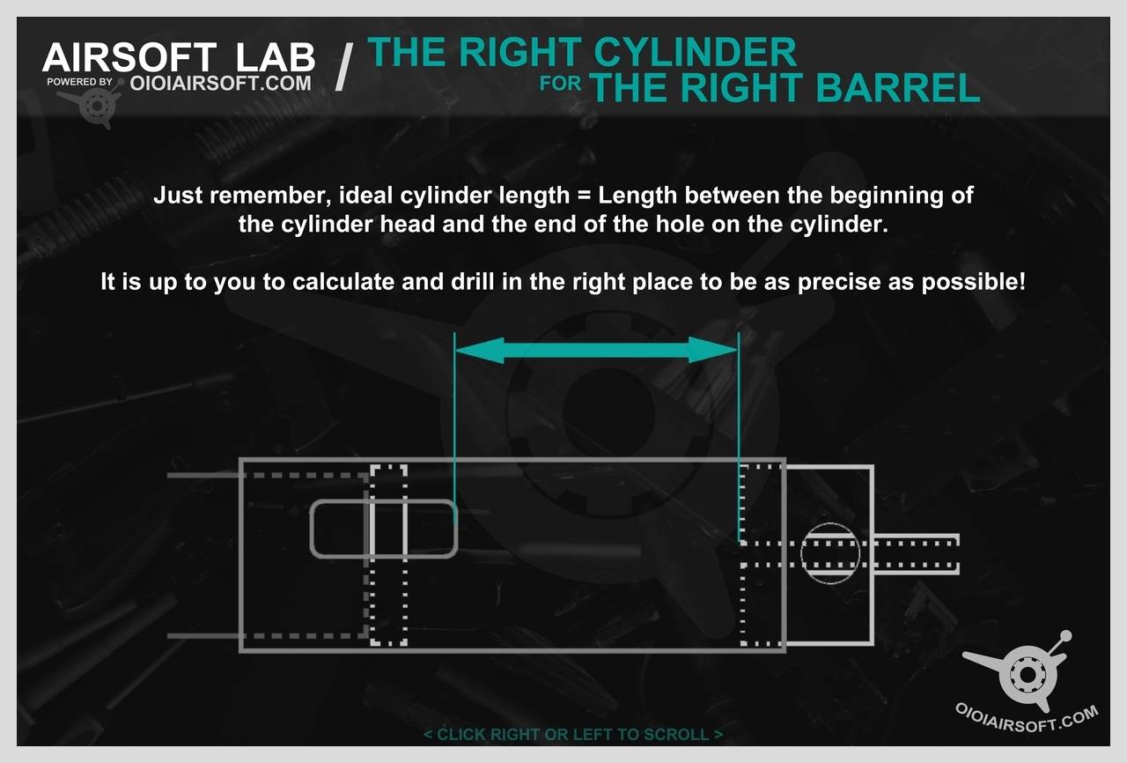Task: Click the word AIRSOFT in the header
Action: (129, 57)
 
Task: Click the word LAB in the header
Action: (276, 57)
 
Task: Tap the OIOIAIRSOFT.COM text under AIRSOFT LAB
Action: (220, 83)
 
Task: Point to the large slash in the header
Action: (344, 67)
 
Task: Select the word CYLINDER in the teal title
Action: (696, 52)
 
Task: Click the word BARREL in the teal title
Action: (898, 87)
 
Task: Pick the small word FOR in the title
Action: (560, 84)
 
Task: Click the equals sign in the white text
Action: (583, 196)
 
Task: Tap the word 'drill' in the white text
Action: (473, 281)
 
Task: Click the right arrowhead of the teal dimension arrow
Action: (713, 351)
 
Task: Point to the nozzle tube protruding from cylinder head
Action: (916, 553)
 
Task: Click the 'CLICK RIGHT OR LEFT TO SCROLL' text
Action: (573, 734)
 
